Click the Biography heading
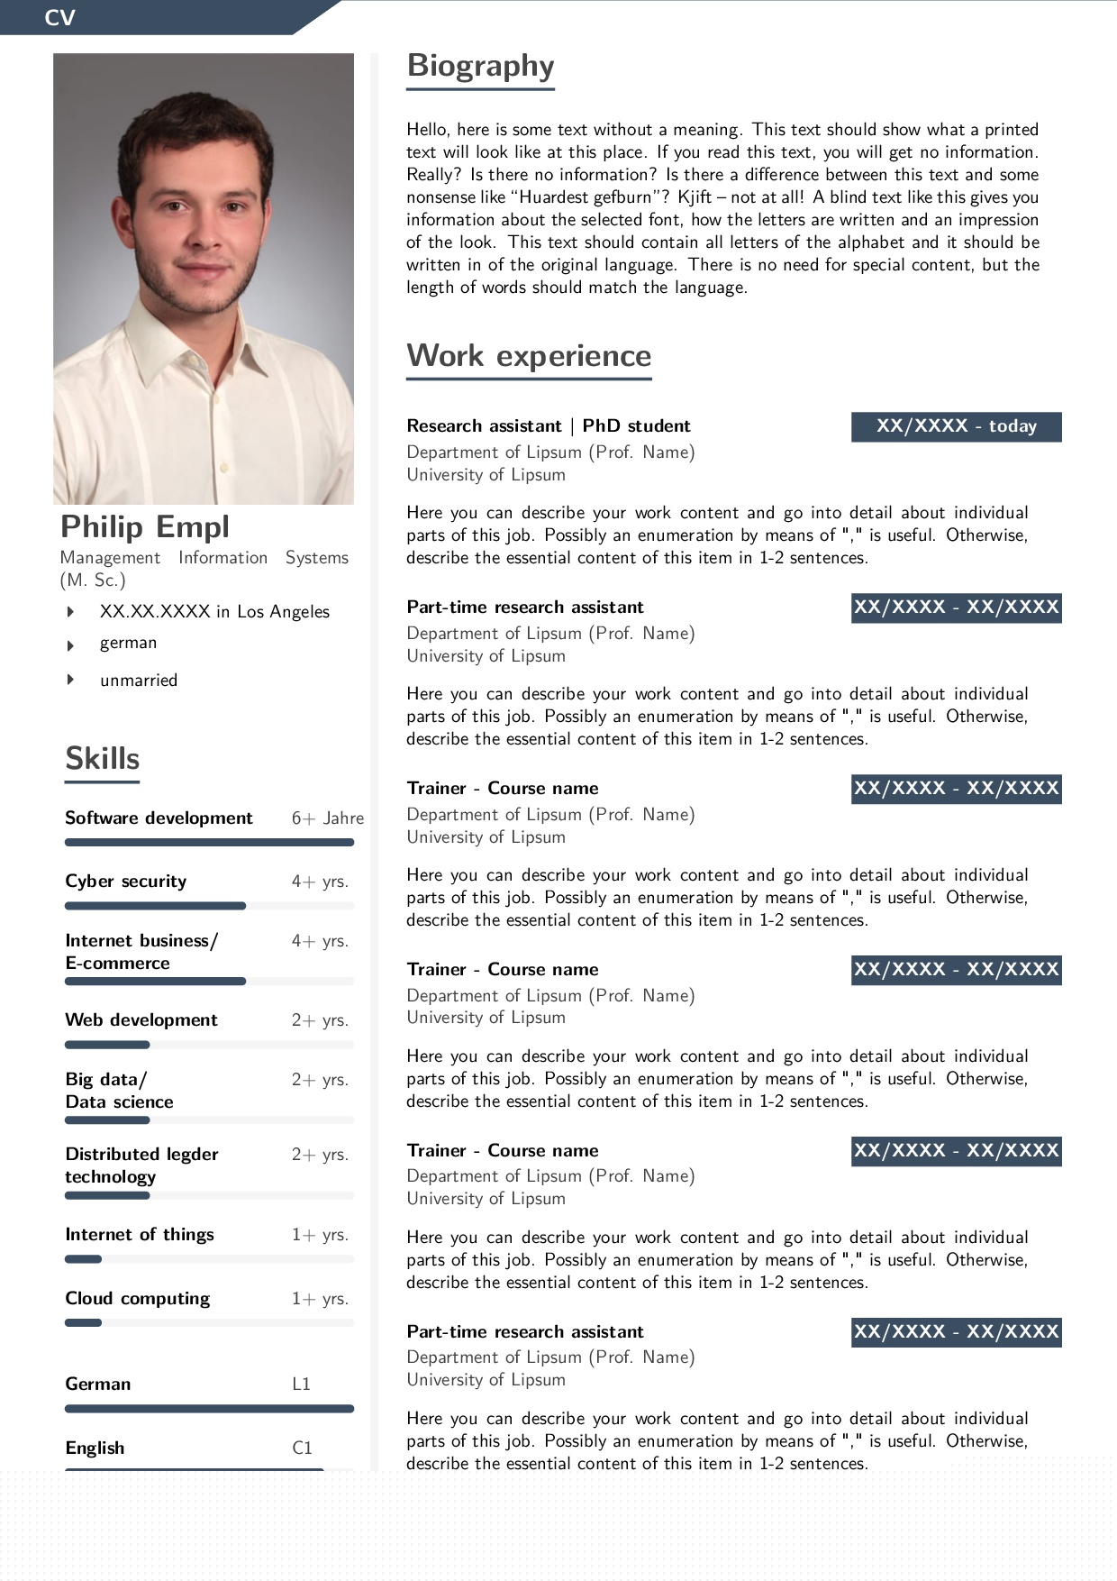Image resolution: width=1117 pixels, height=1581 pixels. pos(480,66)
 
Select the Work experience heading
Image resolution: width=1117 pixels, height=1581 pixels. pos(529,356)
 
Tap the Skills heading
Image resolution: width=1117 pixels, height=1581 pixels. pos(102,759)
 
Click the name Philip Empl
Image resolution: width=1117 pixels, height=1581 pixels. pos(145,526)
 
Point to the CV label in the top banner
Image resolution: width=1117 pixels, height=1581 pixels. pos(59,17)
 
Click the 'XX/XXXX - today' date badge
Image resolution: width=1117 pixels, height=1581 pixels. pos(956,426)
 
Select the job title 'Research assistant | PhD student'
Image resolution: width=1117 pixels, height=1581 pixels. pos(548,426)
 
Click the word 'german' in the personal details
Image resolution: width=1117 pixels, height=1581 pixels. pos(128,643)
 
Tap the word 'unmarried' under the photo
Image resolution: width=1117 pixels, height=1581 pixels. pos(139,681)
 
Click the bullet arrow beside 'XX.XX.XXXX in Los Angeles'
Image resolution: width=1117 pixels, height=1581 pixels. pos(70,612)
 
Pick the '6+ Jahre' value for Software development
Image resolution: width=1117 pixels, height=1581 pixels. pos(327,818)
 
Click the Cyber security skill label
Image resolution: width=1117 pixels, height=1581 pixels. pos(126,882)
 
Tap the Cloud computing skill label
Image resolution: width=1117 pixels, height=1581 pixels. pos(138,1299)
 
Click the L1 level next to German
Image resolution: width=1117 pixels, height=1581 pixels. pos(301,1385)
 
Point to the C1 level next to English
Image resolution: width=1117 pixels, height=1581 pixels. pos(302,1448)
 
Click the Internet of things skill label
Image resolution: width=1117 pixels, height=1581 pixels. pos(140,1235)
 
